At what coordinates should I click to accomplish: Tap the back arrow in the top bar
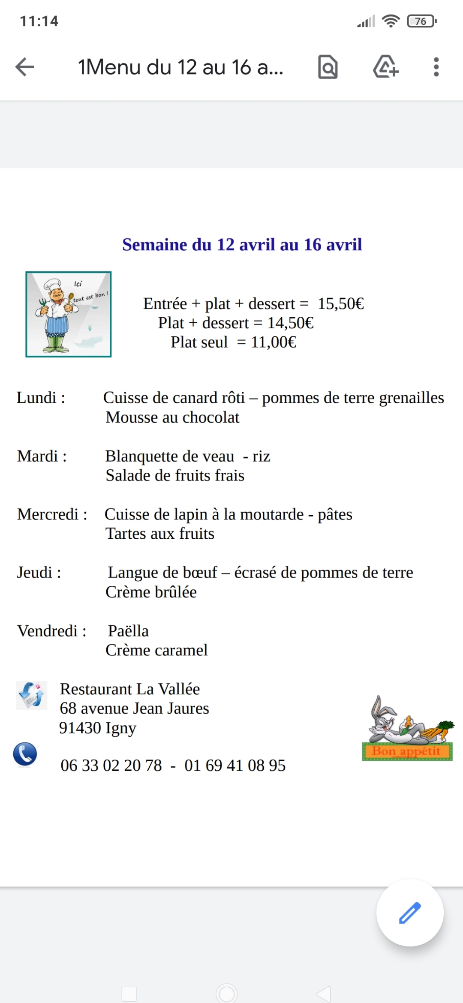(x=25, y=67)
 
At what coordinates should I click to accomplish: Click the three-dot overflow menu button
(x=436, y=67)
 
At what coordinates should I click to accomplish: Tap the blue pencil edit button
(x=410, y=913)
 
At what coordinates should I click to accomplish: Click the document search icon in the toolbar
(x=328, y=67)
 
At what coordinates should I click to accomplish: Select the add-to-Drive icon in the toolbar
(x=386, y=67)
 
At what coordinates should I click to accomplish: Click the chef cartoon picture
(x=69, y=314)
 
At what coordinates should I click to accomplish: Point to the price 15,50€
(x=341, y=304)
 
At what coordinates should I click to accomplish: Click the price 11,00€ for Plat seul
(x=274, y=342)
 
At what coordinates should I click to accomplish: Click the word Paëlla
(x=128, y=631)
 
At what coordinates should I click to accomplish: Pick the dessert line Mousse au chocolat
(x=172, y=417)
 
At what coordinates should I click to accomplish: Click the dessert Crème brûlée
(x=151, y=592)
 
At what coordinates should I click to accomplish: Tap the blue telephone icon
(x=25, y=754)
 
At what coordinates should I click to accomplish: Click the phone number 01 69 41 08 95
(x=235, y=766)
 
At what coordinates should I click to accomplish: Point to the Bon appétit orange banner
(x=407, y=751)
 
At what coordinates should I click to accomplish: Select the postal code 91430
(x=80, y=728)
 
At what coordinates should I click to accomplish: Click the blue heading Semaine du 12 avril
(x=242, y=245)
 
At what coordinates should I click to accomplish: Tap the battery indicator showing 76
(x=421, y=21)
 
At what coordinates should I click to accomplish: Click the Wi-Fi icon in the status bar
(x=391, y=21)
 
